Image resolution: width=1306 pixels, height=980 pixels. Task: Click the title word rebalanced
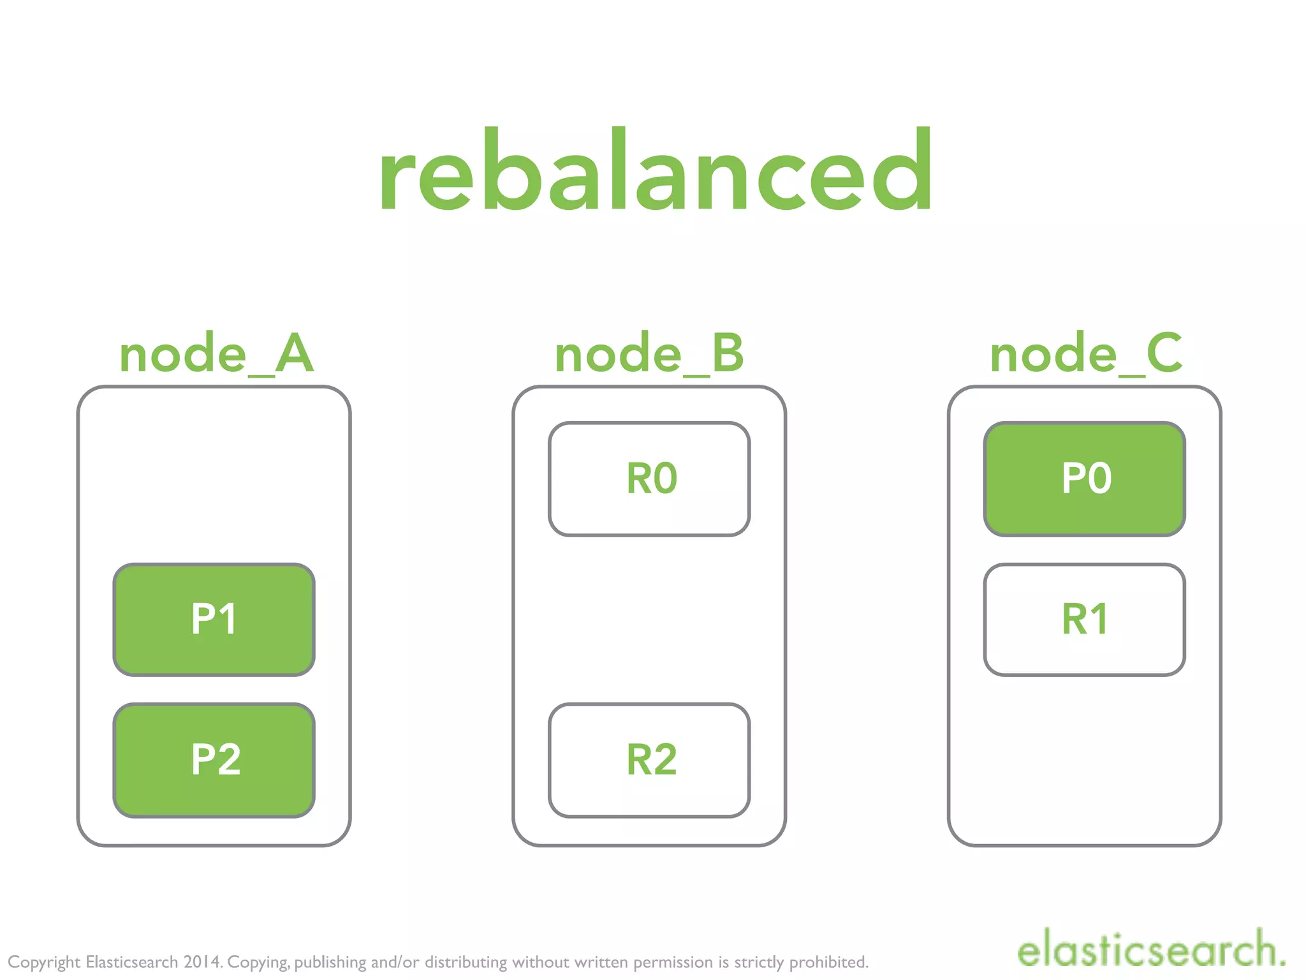656,171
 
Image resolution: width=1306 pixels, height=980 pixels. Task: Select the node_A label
216,354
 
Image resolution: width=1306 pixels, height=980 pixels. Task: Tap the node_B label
649,354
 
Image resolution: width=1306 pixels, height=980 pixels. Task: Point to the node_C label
1085,354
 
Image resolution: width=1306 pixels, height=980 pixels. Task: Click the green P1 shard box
214,619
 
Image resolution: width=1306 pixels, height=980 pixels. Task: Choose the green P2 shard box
214,760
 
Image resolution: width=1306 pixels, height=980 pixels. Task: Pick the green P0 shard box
1085,479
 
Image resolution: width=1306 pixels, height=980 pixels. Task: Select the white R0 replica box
649,479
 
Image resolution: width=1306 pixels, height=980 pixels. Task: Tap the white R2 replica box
649,760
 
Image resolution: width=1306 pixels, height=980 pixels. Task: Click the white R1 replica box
1085,619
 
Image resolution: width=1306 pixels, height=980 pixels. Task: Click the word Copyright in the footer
44,962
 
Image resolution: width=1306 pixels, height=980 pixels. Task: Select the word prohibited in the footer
828,961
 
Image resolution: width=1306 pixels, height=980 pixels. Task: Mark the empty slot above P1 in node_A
214,479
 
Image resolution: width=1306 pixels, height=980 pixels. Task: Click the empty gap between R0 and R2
649,619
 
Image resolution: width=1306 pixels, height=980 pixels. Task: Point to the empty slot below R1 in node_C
1085,760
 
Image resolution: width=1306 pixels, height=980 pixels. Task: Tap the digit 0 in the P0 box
1099,479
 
